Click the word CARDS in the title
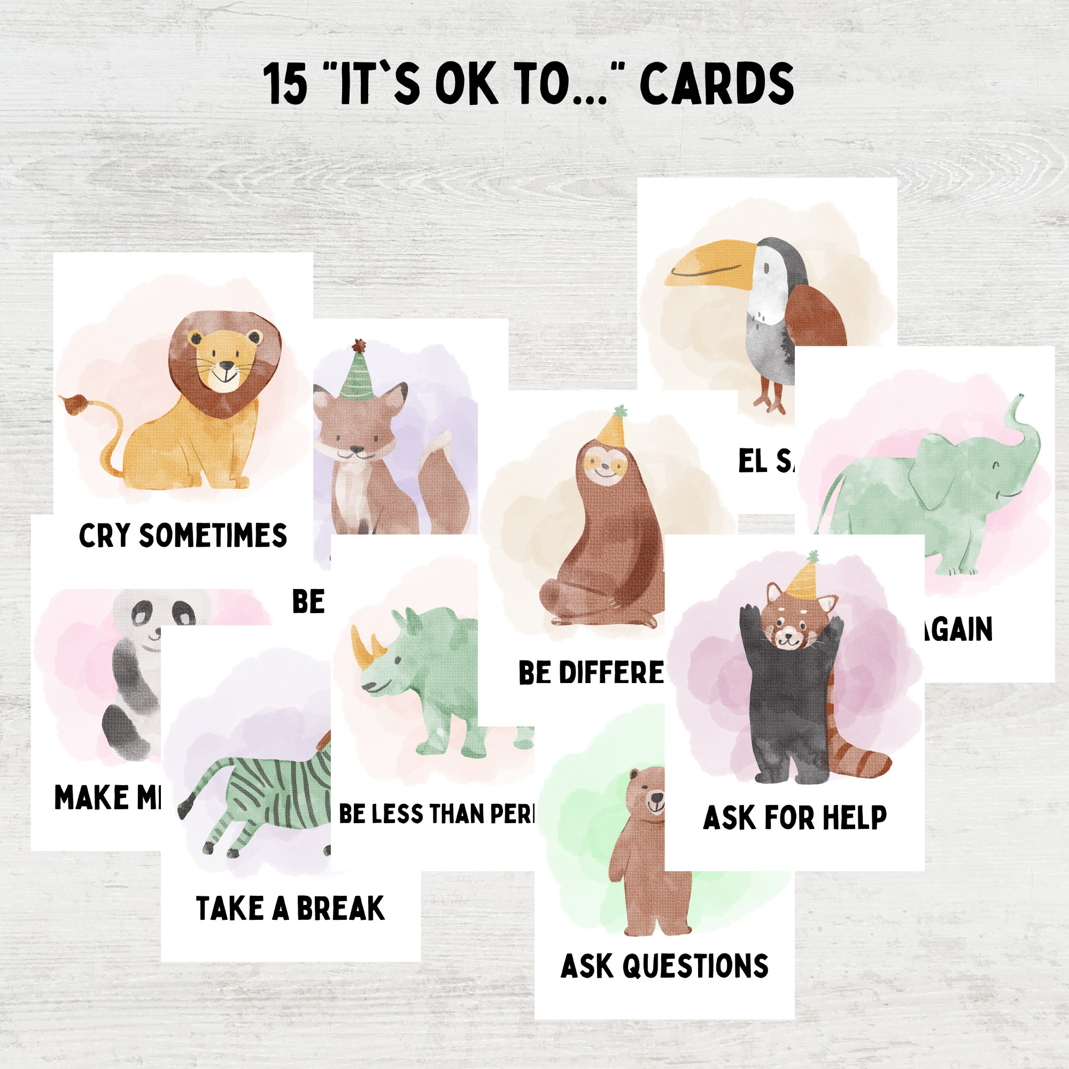pyautogui.click(x=717, y=83)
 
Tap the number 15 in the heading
pyautogui.click(x=285, y=84)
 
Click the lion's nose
pyautogui.click(x=227, y=366)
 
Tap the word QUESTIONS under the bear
pyautogui.click(x=695, y=966)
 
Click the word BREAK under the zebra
pyautogui.click(x=340, y=909)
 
